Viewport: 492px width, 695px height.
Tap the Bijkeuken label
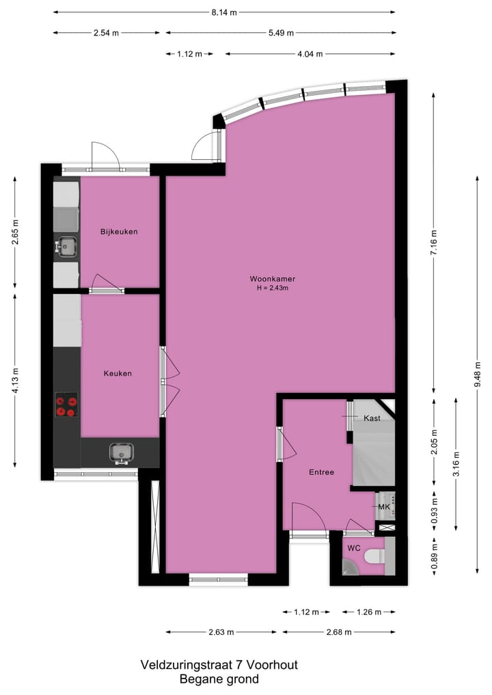(119, 232)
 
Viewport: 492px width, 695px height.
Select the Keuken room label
(118, 373)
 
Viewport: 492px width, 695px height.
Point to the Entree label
(321, 472)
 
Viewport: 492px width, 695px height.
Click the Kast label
(372, 418)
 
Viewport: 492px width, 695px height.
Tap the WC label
(353, 548)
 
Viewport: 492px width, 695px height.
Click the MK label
(383, 506)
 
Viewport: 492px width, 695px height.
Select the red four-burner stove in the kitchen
(67, 404)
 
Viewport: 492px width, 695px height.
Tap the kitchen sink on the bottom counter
(122, 452)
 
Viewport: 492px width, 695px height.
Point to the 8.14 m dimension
(223, 12)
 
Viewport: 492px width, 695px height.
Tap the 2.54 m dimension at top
(107, 33)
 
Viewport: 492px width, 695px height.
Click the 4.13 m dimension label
(16, 379)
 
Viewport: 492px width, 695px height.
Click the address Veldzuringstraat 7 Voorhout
(219, 664)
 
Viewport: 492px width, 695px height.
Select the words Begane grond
(219, 679)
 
